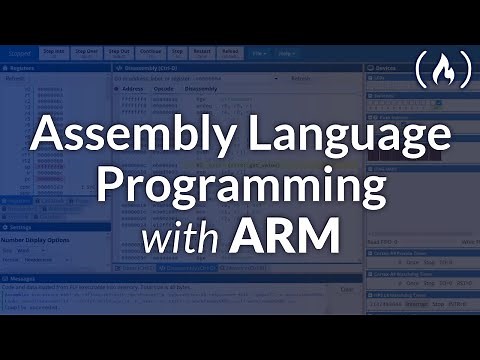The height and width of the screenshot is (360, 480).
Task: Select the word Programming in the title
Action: click(x=239, y=187)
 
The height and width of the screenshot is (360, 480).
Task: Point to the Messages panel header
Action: click(x=25, y=279)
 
